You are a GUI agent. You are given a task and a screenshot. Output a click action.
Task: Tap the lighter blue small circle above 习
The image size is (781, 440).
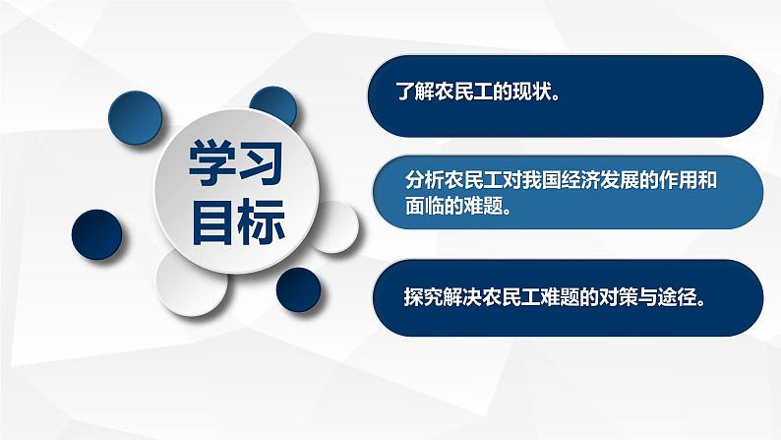(x=274, y=106)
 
